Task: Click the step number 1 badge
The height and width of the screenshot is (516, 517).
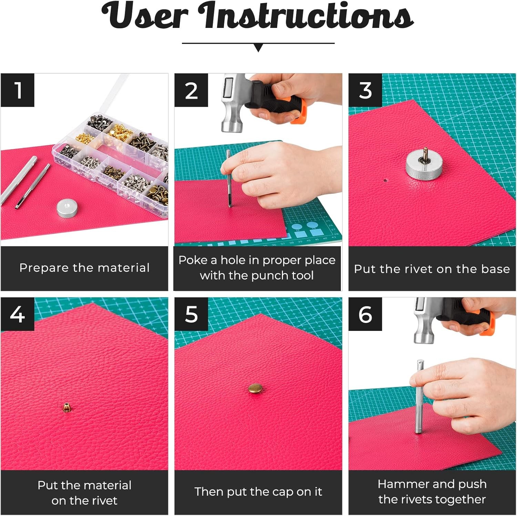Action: [x=18, y=90]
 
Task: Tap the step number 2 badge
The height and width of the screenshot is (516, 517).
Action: [x=191, y=90]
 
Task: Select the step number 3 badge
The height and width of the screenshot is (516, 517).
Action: [x=365, y=90]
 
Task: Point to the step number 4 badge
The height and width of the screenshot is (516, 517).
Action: [x=18, y=314]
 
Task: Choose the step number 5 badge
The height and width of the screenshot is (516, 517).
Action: [x=191, y=314]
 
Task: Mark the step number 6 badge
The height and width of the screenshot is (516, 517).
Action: [x=365, y=314]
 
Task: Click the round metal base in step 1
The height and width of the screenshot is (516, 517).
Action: [x=68, y=208]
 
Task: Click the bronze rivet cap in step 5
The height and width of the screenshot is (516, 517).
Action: [x=255, y=388]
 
